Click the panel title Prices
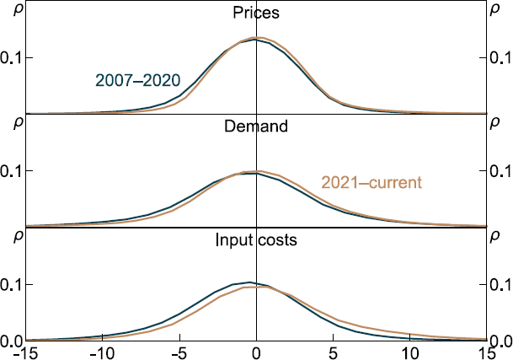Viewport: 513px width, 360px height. [x=256, y=13]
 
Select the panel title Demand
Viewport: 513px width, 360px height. [x=256, y=127]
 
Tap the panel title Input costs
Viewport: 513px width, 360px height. [x=256, y=240]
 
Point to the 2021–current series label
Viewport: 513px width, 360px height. [x=371, y=182]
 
